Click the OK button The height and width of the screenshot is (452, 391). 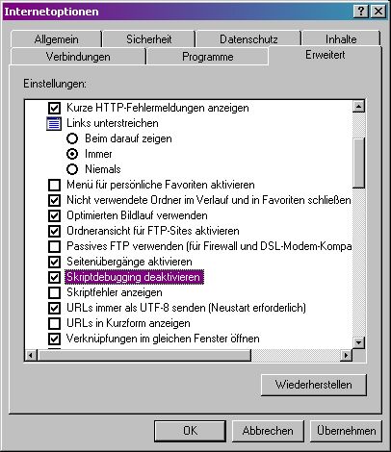(x=190, y=431)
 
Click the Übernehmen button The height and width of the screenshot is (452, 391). (x=346, y=431)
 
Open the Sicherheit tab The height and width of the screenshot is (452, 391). (x=148, y=39)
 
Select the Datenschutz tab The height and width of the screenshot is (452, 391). (x=248, y=39)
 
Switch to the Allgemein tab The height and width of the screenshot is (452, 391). (x=56, y=39)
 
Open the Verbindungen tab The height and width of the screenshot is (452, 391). (x=78, y=57)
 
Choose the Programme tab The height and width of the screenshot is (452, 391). (x=207, y=57)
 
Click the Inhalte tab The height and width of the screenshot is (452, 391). (x=341, y=39)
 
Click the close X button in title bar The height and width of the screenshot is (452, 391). (x=378, y=12)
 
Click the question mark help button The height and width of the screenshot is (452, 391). (x=361, y=12)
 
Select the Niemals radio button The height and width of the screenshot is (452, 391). (x=72, y=169)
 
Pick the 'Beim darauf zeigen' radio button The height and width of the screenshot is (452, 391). (x=72, y=138)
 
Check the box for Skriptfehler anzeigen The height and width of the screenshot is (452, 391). (x=54, y=292)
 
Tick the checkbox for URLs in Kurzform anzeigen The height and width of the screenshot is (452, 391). (x=54, y=323)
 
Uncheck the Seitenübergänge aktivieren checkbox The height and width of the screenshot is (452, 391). (x=54, y=262)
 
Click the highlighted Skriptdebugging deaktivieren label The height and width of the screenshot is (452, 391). (x=134, y=277)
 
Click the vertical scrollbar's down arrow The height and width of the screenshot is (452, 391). (x=358, y=342)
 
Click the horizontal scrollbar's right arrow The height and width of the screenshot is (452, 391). (x=346, y=355)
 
